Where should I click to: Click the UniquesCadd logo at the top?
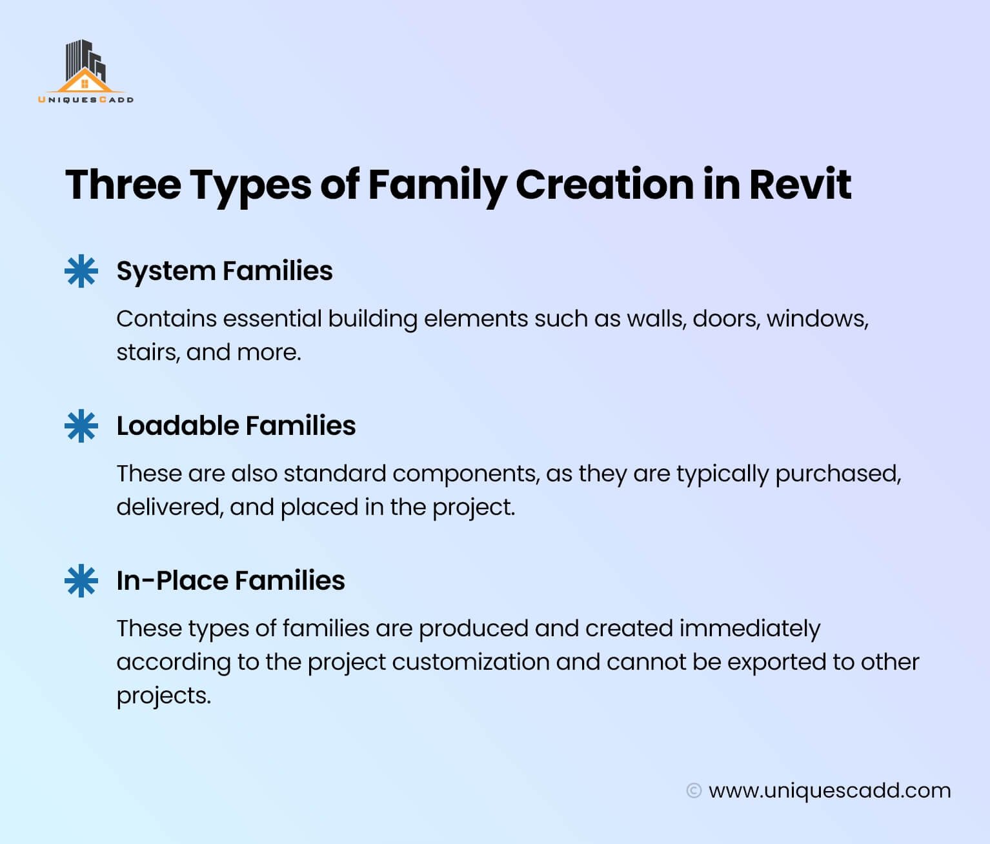click(x=85, y=72)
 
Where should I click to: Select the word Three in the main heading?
click(x=123, y=185)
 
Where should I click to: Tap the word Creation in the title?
click(x=603, y=185)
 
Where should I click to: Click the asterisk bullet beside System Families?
click(x=81, y=272)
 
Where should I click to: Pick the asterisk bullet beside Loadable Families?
click(x=81, y=427)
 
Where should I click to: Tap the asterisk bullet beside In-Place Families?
click(x=81, y=581)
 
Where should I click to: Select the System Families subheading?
click(x=224, y=271)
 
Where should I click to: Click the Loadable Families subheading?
click(x=236, y=426)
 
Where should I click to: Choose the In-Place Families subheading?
click(x=230, y=581)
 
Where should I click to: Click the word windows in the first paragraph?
click(x=816, y=319)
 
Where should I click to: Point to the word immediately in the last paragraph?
click(x=749, y=628)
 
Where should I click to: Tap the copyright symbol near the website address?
click(x=694, y=790)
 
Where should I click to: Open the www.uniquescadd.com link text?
click(x=829, y=790)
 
